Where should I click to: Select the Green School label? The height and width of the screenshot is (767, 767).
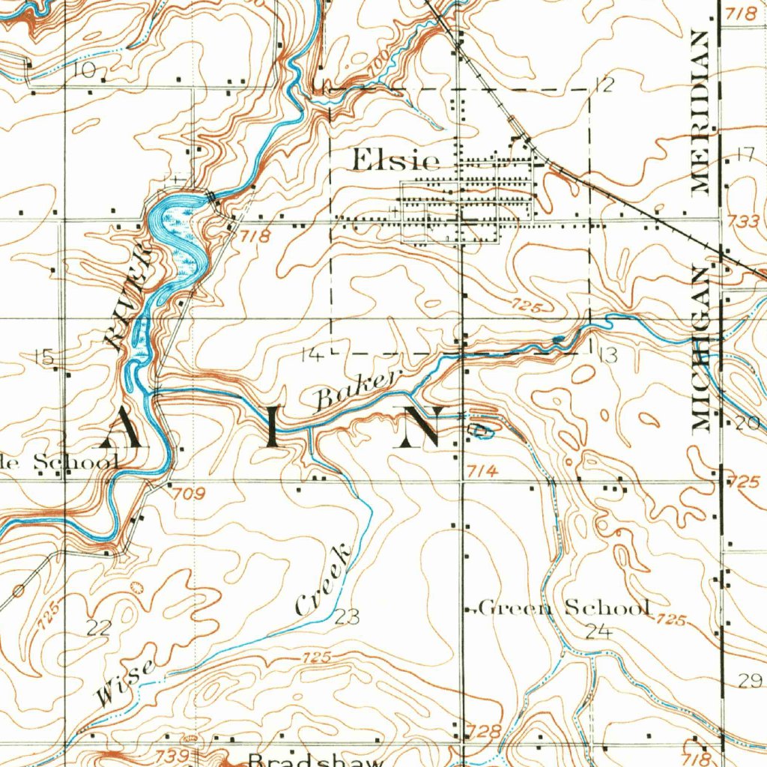pyautogui.click(x=563, y=607)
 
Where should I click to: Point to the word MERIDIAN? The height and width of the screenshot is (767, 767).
pyautogui.click(x=701, y=112)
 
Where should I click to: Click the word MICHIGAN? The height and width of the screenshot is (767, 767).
pyautogui.click(x=701, y=349)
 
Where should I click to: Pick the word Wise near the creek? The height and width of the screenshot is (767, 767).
pyautogui.click(x=126, y=682)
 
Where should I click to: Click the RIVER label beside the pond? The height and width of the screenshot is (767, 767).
pyautogui.click(x=128, y=300)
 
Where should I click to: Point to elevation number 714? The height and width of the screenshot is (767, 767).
pyautogui.click(x=482, y=470)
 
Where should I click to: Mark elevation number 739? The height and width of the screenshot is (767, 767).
pyautogui.click(x=173, y=757)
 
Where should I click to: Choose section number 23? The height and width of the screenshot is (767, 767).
pyautogui.click(x=347, y=617)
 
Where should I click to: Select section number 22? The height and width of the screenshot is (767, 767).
pyautogui.click(x=98, y=628)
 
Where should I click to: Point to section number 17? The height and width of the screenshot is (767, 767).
pyautogui.click(x=743, y=156)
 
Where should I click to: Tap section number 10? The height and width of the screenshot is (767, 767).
pyautogui.click(x=86, y=71)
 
